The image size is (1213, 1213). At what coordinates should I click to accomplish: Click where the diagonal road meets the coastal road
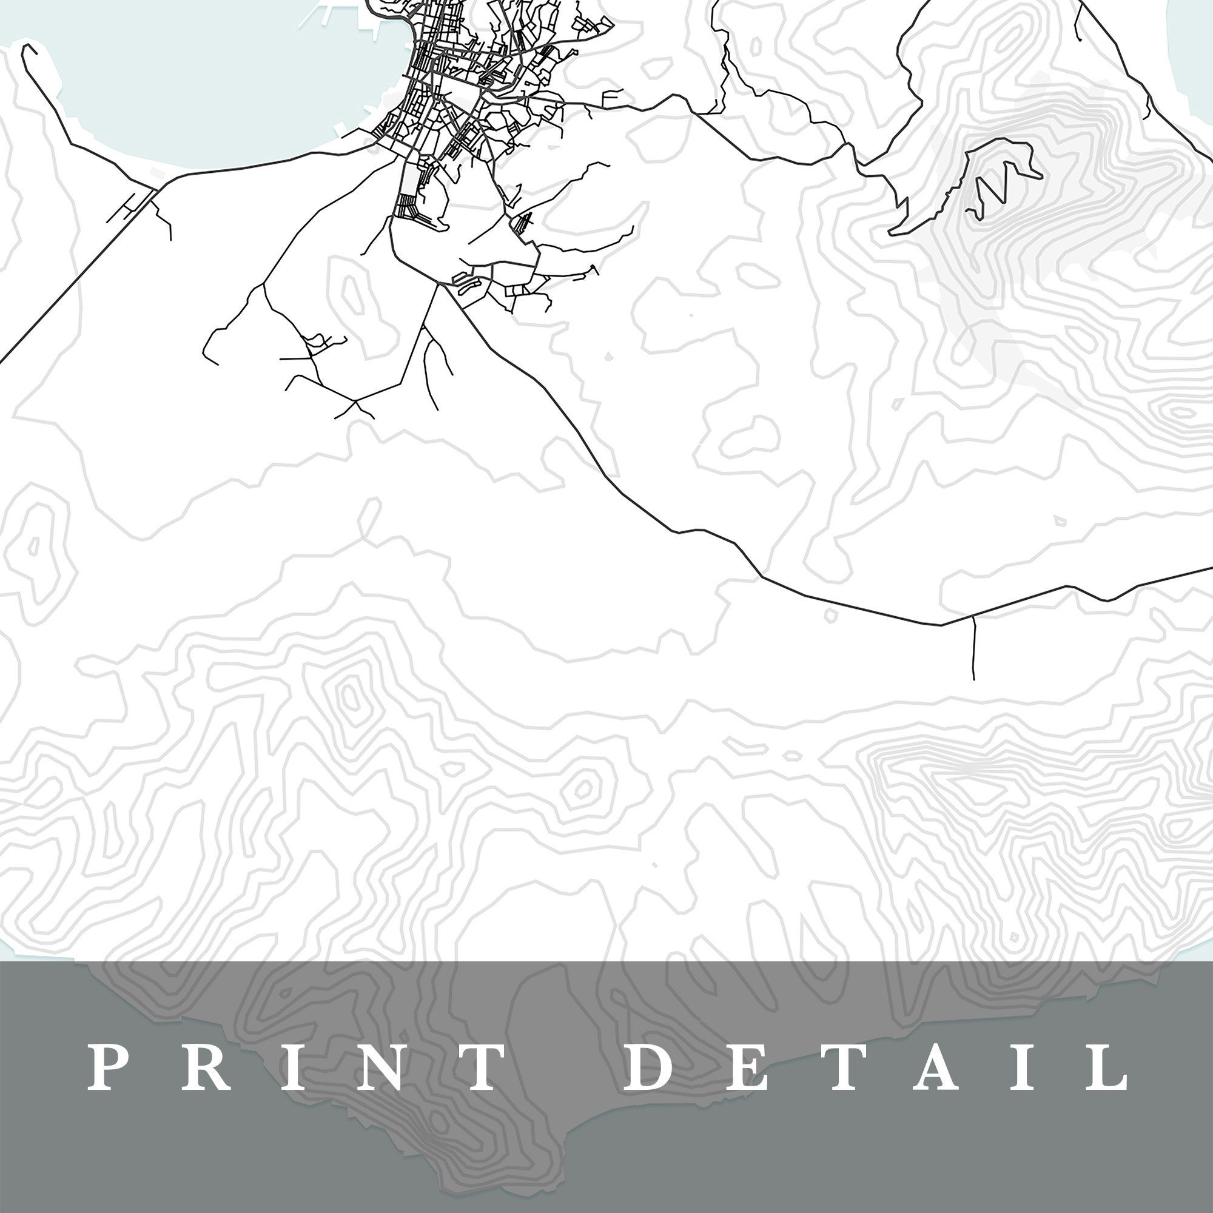[x=155, y=186]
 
